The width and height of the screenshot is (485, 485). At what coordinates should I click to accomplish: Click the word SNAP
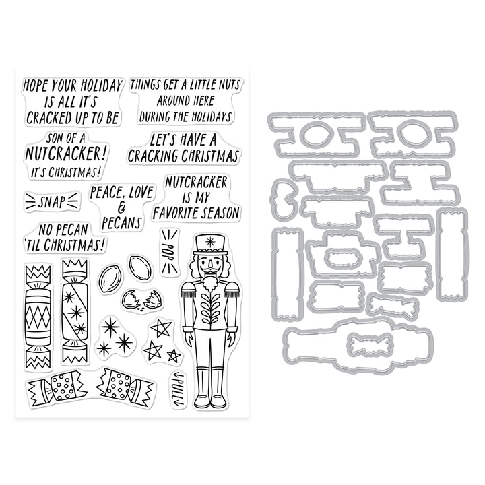52,201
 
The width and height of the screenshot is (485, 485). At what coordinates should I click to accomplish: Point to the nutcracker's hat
210,245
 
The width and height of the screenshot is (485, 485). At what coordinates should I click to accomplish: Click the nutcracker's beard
211,282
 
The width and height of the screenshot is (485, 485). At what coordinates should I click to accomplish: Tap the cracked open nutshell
141,299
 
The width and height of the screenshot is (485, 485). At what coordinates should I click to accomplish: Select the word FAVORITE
174,214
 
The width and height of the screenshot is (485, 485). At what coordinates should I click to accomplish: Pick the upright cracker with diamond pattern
38,315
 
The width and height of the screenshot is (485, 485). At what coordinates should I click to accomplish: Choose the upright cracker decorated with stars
74,311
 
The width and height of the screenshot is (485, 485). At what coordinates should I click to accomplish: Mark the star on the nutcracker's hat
210,242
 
